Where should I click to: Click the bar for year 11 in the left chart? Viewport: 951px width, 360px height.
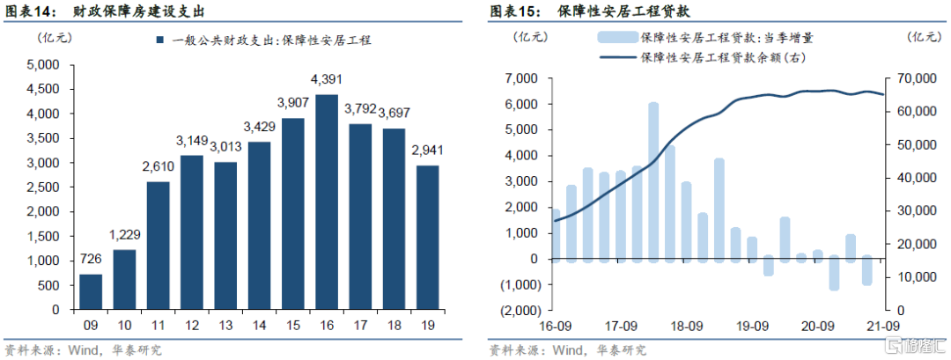coord(158,246)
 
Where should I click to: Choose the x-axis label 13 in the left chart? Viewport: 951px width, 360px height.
coord(226,323)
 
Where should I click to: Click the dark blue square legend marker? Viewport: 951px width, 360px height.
coord(159,40)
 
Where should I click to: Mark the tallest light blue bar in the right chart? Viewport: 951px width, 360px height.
coord(653,181)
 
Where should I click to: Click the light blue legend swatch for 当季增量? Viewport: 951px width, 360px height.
coord(616,38)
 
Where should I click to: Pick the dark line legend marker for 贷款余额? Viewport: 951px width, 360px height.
coord(616,58)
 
